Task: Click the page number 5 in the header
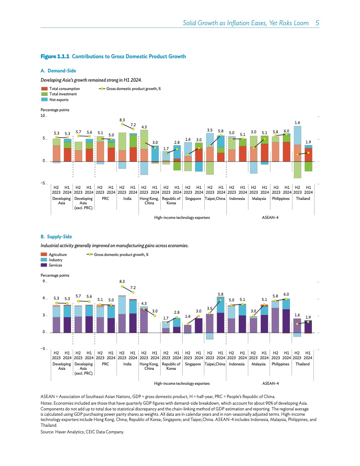[317, 23]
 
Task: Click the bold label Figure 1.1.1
[55, 56]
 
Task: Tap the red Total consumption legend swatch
[44, 89]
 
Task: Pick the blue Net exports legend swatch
[44, 99]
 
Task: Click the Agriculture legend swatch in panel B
[44, 255]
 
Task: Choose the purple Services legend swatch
[44, 265]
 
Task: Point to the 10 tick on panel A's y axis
[42, 116]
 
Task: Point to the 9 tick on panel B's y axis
[43, 282]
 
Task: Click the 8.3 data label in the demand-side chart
[122, 120]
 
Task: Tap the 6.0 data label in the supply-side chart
[286, 294]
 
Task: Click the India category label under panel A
[127, 199]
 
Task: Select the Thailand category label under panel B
[303, 364]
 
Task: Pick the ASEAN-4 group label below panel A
[270, 218]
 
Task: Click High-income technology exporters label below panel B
[182, 383]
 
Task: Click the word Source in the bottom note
[47, 432]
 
